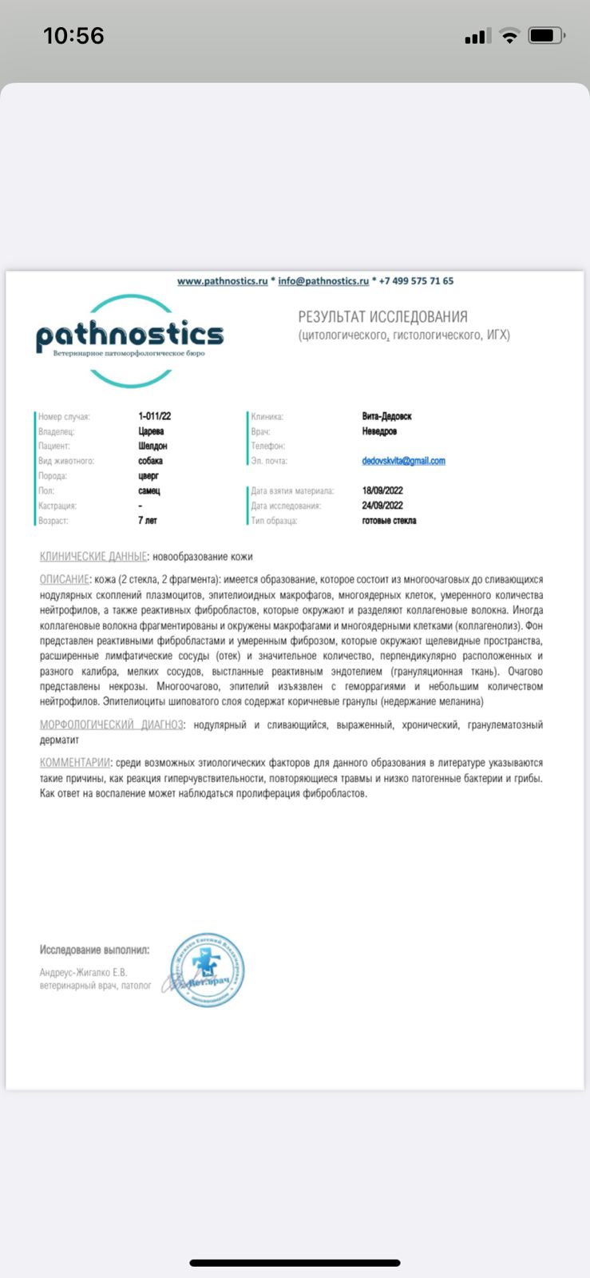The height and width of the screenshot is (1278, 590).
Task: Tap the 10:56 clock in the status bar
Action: [73, 36]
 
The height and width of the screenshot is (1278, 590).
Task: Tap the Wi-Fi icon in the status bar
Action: [509, 36]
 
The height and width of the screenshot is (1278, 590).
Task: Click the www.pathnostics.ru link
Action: [222, 281]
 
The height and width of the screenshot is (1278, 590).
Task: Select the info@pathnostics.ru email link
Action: [323, 281]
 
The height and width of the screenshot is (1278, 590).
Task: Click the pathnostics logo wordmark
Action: [129, 336]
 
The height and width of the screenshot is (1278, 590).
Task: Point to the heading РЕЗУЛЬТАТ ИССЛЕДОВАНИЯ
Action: [382, 317]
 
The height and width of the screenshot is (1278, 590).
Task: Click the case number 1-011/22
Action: [154, 416]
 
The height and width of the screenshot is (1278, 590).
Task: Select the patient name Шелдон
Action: [152, 446]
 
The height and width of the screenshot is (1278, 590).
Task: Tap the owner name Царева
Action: [151, 431]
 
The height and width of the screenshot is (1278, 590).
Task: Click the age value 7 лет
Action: [147, 521]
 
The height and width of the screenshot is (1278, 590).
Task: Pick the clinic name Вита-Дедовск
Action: [386, 416]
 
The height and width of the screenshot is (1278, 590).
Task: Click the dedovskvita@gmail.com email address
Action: [403, 461]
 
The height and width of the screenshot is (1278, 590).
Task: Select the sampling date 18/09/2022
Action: [382, 490]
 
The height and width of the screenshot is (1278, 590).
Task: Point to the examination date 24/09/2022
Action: [382, 506]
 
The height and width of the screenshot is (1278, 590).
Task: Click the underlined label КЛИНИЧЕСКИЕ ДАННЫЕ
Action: [93, 557]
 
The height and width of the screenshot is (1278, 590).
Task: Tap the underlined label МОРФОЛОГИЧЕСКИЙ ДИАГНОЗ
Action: [111, 724]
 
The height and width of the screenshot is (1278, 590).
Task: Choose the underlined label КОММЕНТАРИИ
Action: [74, 763]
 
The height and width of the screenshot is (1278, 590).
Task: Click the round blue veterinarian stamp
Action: [208, 970]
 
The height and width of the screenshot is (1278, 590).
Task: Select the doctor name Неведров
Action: [379, 431]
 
